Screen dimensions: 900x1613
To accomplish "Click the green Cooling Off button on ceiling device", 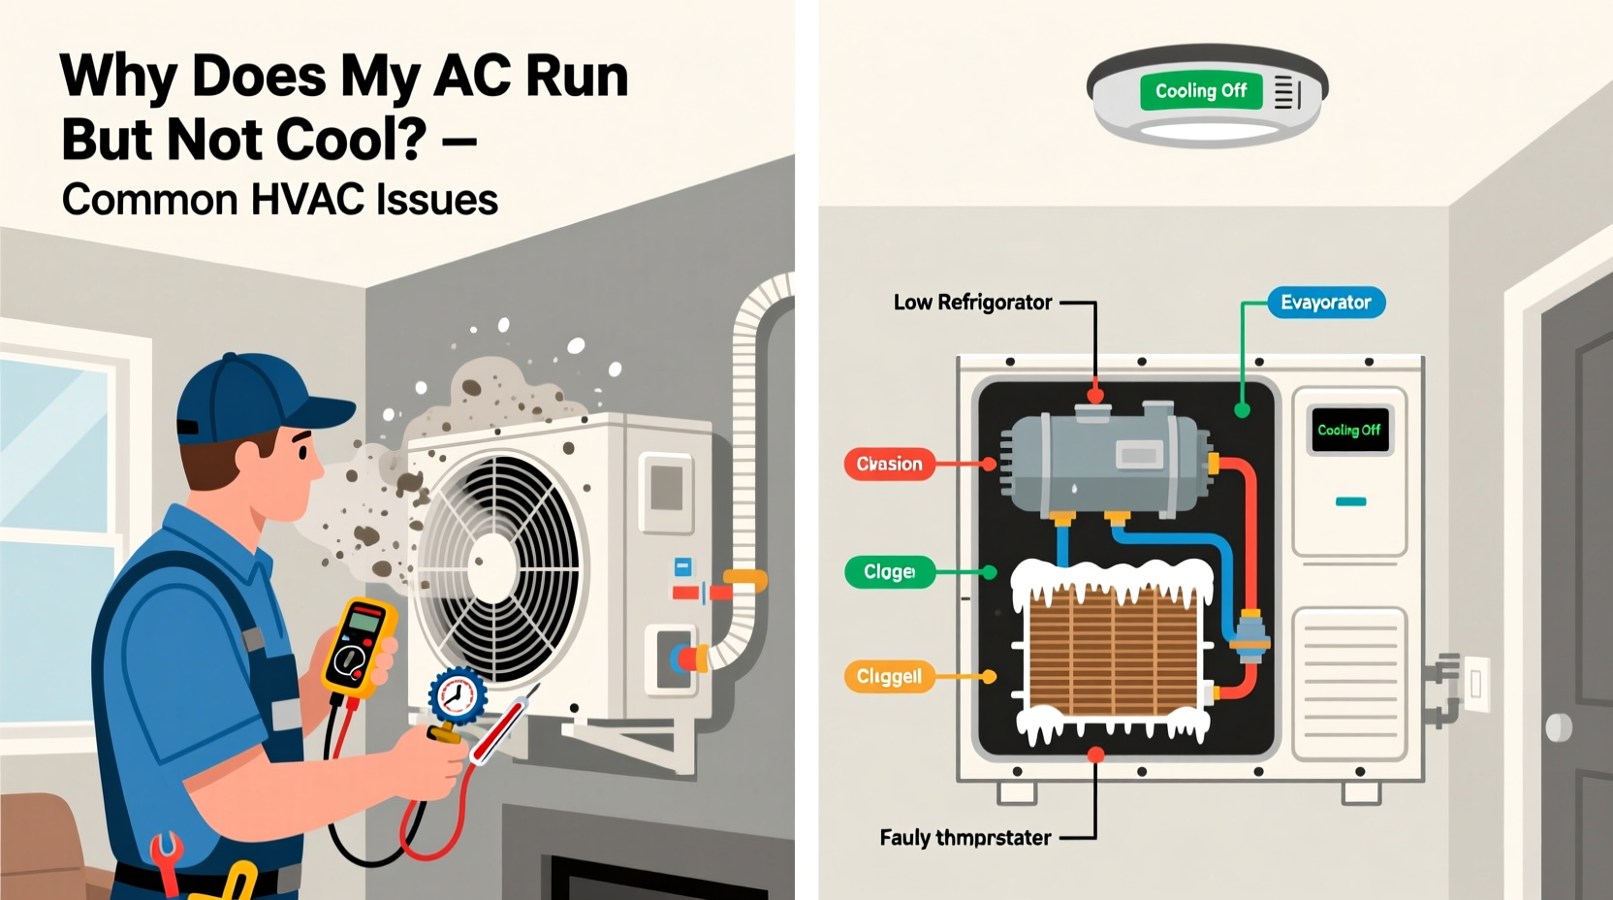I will [1200, 91].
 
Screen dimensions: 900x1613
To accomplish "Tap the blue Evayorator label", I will [1325, 303].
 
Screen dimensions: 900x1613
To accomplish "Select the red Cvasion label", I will [889, 464].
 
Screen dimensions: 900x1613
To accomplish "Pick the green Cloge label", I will [889, 572].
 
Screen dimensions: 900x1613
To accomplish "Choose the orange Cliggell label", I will [889, 676].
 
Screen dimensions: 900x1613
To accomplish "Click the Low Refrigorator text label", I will [972, 303].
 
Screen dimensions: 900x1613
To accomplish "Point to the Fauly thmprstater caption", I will [965, 838].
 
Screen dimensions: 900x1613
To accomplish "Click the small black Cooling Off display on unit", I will [1348, 430].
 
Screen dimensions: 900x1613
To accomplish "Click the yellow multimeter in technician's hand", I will [359, 645].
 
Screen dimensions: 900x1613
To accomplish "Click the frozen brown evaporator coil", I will [1112, 650].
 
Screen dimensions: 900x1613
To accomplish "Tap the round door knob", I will [1558, 726].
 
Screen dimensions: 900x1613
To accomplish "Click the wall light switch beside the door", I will [1475, 684].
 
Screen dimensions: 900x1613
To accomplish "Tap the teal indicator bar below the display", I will [1350, 501].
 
